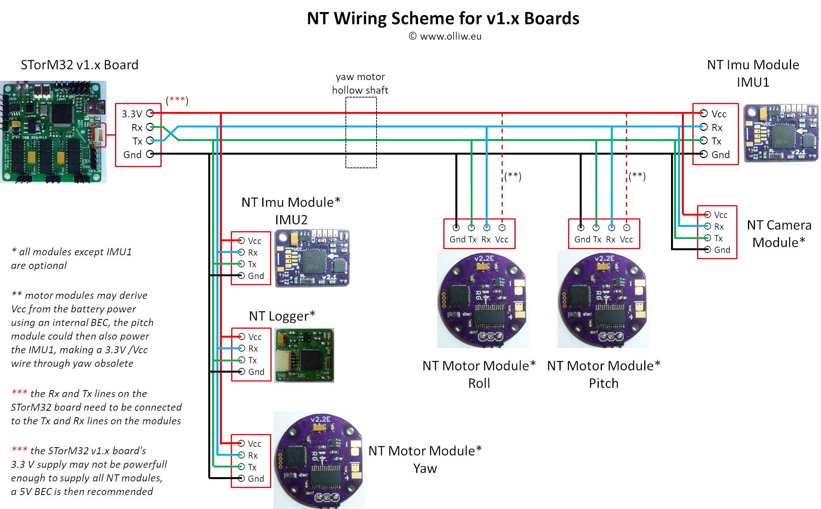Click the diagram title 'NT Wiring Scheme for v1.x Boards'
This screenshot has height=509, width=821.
tap(443, 18)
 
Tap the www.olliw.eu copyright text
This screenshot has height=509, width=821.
tap(445, 36)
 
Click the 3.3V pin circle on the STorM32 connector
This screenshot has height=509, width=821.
tap(150, 113)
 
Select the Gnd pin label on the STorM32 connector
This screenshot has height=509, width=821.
tap(132, 155)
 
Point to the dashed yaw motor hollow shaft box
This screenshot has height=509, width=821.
tap(361, 132)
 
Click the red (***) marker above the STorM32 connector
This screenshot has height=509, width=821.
tap(177, 100)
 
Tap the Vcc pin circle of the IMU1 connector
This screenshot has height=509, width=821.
tap(704, 113)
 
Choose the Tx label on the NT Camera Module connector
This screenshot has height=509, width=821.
tap(718, 238)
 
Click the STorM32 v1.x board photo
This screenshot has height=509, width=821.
tap(53, 132)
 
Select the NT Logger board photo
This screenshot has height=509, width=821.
tap(304, 355)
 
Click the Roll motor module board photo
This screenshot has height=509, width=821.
tap(483, 299)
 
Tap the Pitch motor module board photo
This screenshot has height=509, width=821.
tap(603, 299)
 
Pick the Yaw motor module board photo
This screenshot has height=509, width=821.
tap(319, 460)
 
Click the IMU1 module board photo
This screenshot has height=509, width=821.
tap(781, 132)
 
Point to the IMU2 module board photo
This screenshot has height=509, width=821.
tap(312, 258)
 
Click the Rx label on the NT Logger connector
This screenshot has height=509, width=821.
tap(253, 349)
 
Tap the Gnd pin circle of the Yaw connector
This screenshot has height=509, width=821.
tap(241, 478)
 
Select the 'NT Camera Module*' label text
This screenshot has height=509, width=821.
tap(779, 234)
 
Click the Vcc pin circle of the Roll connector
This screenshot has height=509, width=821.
tap(502, 228)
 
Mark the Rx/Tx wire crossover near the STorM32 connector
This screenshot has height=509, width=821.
tap(171, 133)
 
